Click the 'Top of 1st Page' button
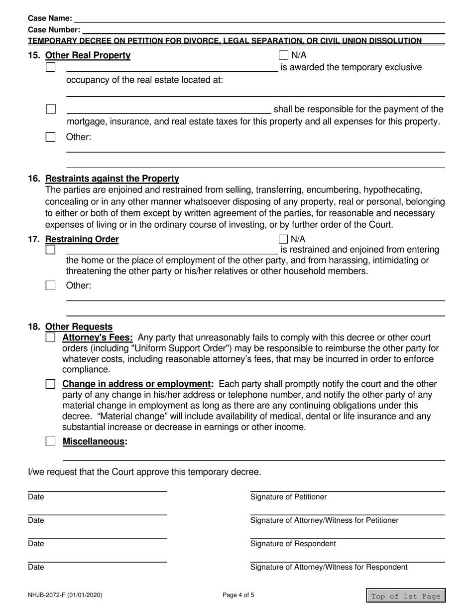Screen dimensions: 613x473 [406, 596]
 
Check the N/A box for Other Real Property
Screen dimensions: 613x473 [284, 55]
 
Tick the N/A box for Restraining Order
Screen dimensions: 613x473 [284, 239]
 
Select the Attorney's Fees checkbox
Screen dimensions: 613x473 [50, 337]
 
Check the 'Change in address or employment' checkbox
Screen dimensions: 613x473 [50, 384]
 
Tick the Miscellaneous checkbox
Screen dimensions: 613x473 [50, 441]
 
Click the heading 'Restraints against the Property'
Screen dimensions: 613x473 [112, 178]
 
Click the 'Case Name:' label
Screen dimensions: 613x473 [50, 18]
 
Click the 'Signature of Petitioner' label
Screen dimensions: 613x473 [288, 497]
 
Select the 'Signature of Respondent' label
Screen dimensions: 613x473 [293, 543]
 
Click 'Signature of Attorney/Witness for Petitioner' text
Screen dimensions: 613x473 [324, 520]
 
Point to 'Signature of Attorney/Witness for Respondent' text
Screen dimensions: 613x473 [329, 567]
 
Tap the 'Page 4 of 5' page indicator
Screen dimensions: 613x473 [241, 595]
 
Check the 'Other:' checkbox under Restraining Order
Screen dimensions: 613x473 [50, 286]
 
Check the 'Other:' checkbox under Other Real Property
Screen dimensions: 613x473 [50, 137]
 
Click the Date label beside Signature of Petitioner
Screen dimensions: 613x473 [36, 497]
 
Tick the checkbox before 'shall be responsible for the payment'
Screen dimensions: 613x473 [50, 109]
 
